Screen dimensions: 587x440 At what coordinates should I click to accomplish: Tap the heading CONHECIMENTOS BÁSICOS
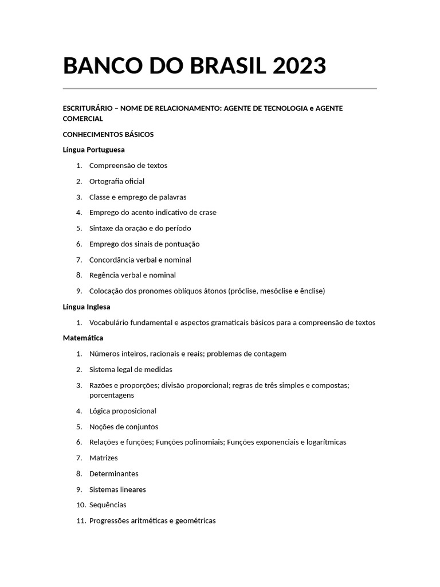click(x=108, y=134)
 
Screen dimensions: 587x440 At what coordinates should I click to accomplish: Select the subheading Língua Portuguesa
click(x=93, y=150)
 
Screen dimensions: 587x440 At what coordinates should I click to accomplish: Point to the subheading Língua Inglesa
click(x=87, y=307)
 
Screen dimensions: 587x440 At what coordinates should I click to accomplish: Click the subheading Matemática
click(x=82, y=338)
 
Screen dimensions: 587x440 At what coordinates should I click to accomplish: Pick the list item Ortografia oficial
click(x=117, y=181)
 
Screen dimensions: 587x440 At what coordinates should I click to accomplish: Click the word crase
click(x=207, y=212)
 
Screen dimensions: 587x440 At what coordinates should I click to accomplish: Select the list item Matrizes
click(x=104, y=458)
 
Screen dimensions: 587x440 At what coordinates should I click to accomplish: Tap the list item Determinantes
click(x=114, y=473)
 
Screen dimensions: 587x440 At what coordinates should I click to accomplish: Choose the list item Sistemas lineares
click(x=117, y=490)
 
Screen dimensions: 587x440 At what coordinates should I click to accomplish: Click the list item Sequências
click(x=108, y=505)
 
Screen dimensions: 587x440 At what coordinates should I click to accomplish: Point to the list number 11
click(x=81, y=521)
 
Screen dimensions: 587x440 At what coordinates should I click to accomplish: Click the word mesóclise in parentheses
click(x=276, y=291)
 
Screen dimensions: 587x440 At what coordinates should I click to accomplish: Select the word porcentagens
click(x=112, y=395)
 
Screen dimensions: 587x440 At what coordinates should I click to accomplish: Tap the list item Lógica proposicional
click(x=123, y=411)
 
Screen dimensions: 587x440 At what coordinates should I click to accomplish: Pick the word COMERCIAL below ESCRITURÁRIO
click(x=82, y=119)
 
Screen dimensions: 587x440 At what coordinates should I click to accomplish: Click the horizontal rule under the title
click(x=219, y=88)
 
